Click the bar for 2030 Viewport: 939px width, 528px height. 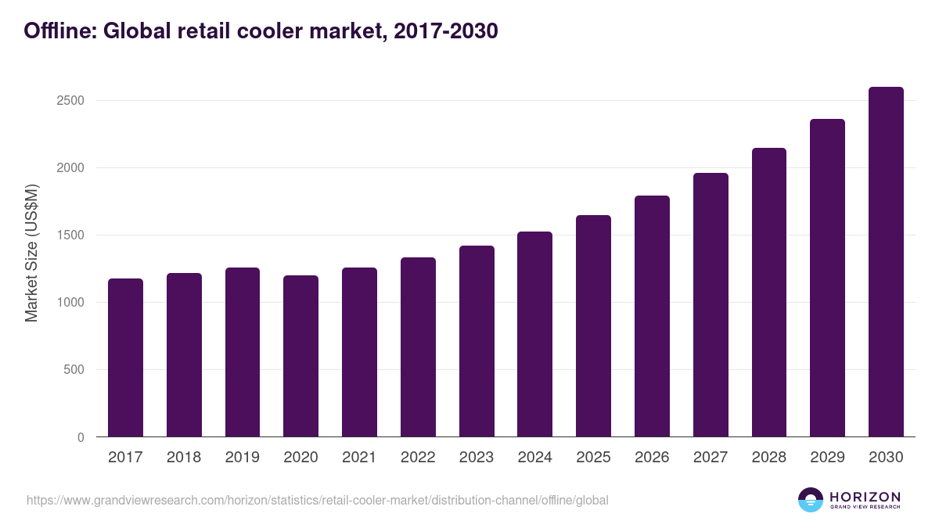(x=886, y=262)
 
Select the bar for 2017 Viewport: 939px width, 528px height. (x=125, y=357)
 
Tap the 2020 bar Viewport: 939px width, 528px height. (x=300, y=356)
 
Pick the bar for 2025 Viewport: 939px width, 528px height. (x=593, y=326)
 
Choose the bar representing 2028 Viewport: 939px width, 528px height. (x=768, y=293)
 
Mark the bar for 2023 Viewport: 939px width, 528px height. (x=477, y=341)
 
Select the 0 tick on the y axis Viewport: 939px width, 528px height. (x=81, y=437)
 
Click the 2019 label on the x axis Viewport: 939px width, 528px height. (x=243, y=458)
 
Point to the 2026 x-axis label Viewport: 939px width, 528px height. (x=652, y=458)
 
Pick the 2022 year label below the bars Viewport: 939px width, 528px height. (x=418, y=458)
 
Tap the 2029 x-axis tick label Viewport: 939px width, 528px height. (x=827, y=458)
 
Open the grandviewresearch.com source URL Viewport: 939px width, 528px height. (x=317, y=500)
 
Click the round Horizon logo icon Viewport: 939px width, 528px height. (x=811, y=500)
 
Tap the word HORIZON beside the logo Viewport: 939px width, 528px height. (x=865, y=497)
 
